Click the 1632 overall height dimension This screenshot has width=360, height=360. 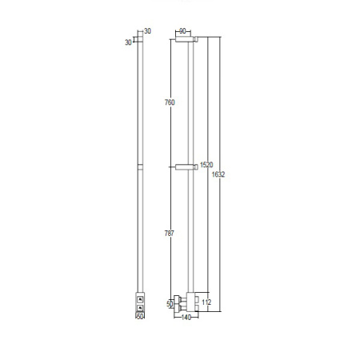(218, 174)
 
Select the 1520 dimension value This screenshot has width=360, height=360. (206, 165)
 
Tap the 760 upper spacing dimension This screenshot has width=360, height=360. (170, 102)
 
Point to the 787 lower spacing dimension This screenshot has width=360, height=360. (170, 234)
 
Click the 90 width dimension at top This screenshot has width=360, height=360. (182, 31)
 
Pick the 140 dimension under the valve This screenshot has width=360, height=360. (186, 318)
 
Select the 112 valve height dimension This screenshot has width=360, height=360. (206, 302)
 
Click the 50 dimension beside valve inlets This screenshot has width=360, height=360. (170, 304)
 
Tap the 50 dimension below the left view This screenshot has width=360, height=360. (140, 317)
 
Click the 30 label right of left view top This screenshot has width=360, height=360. (147, 31)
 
